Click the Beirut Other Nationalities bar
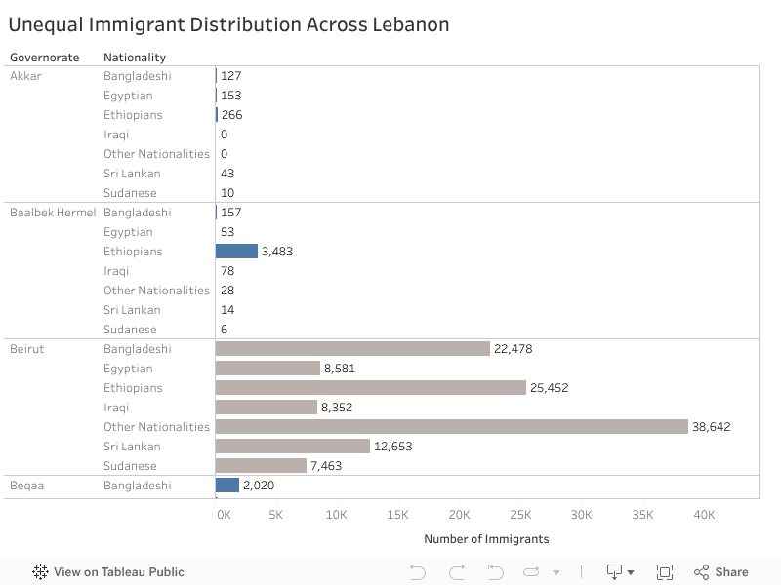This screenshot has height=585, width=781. [x=452, y=427]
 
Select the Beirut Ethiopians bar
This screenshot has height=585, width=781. [x=371, y=388]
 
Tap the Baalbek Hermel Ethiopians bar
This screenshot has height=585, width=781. [x=236, y=252]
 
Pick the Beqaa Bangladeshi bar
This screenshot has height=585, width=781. [x=227, y=486]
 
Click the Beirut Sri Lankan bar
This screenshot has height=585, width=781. [x=293, y=447]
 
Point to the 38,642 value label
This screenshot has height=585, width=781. [x=712, y=427]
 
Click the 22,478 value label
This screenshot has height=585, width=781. [x=514, y=349]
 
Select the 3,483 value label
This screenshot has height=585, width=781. [x=277, y=252]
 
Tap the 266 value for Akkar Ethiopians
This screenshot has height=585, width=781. [x=231, y=115]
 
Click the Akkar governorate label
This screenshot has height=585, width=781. [x=25, y=76]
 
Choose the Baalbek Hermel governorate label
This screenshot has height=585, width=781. [x=53, y=213]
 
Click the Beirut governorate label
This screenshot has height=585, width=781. [x=27, y=349]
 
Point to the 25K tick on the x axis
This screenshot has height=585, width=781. [x=520, y=514]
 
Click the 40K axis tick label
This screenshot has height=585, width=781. [x=704, y=514]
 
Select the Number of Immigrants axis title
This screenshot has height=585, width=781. [x=486, y=539]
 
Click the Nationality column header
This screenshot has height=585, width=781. [x=135, y=58]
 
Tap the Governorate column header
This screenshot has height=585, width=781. [x=45, y=58]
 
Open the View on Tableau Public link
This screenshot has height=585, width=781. [x=108, y=572]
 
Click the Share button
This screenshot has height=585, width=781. [x=721, y=572]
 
